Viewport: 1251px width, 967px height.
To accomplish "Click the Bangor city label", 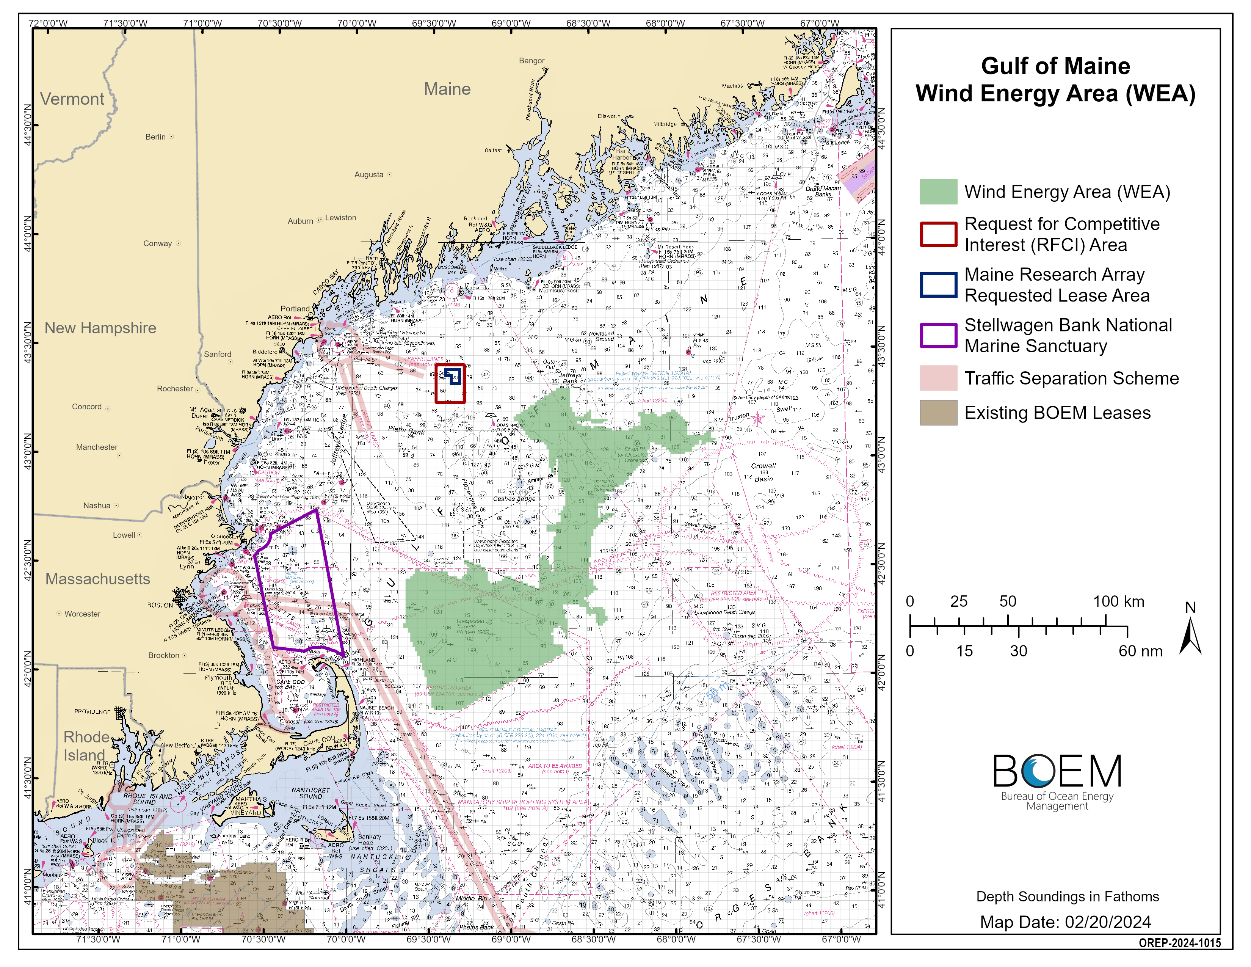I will [531, 61].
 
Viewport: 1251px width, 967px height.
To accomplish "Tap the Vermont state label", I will [72, 99].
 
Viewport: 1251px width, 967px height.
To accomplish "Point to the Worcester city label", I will [82, 614].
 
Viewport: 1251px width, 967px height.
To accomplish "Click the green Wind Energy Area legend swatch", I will [937, 192].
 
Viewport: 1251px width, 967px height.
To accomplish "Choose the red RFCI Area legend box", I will [937, 234].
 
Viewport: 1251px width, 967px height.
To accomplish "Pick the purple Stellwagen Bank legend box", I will [937, 335].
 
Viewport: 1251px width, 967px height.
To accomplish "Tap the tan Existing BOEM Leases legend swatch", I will [937, 413].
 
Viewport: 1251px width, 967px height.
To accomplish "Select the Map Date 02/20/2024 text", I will [1065, 922].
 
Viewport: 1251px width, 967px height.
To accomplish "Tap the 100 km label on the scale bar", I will [1118, 601].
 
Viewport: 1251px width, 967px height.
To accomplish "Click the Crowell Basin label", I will [763, 472].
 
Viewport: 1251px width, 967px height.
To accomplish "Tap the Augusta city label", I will [368, 175].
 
